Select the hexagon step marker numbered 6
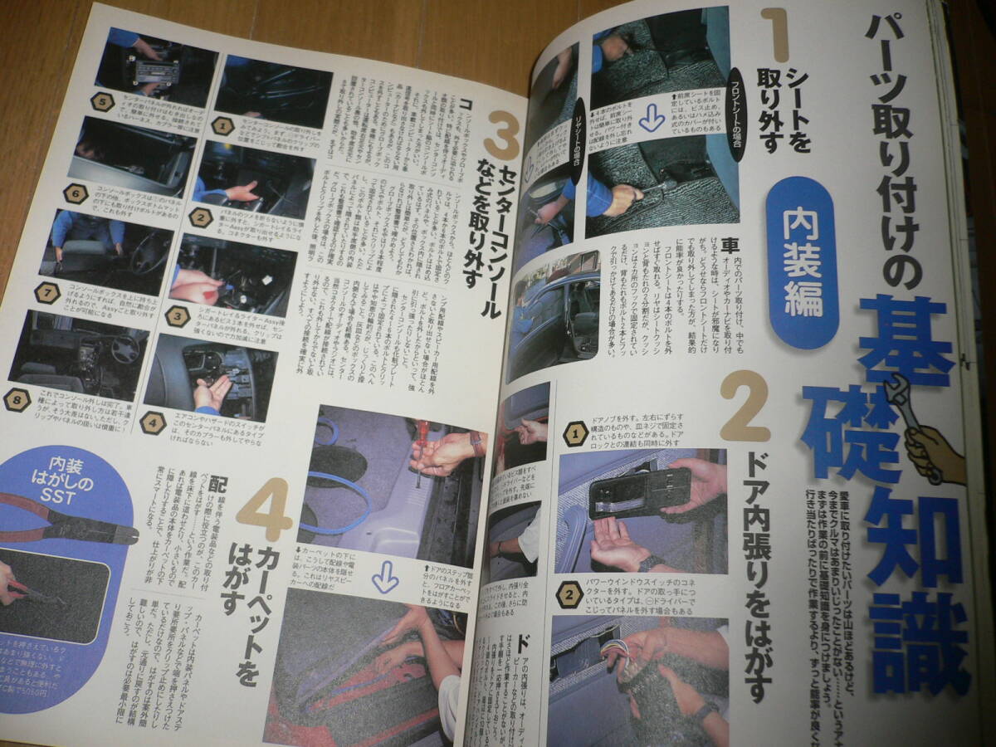click(75, 194)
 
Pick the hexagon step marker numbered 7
click(46, 292)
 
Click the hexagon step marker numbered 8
click(17, 399)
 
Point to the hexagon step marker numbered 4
click(153, 422)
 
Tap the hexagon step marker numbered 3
click(177, 316)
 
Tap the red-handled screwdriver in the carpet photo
click(421, 448)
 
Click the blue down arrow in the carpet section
click(384, 576)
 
